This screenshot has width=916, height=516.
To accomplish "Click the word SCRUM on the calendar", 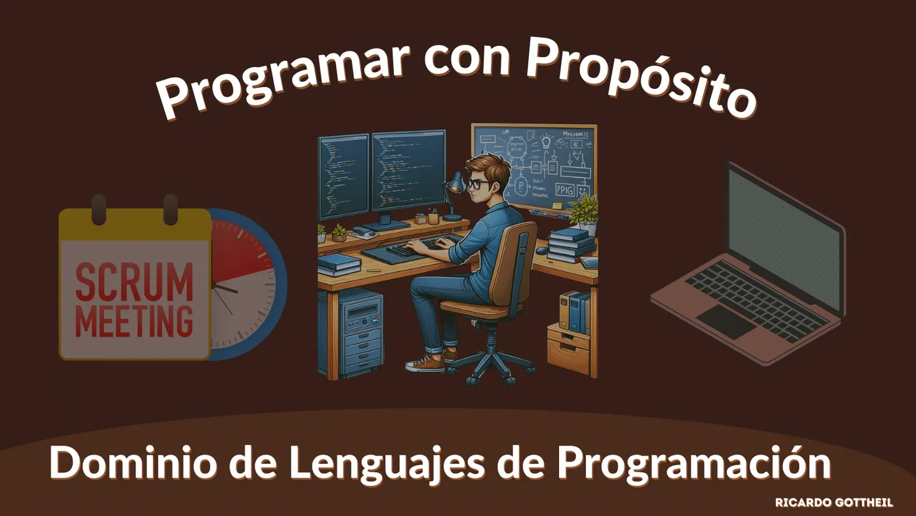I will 134,283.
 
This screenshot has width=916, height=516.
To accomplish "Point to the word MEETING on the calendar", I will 134,320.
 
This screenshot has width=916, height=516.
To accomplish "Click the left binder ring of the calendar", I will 99,209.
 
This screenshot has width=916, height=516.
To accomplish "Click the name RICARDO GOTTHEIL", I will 833,503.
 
